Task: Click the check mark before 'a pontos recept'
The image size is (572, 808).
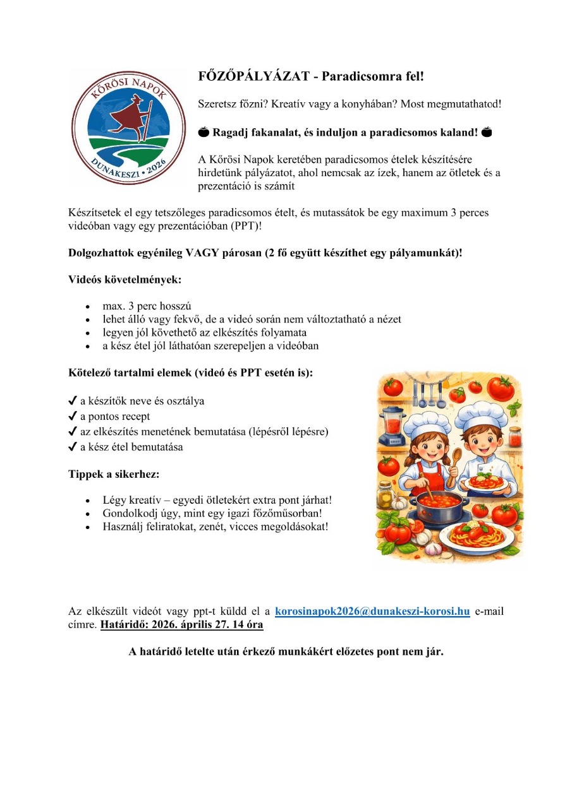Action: pos(73,417)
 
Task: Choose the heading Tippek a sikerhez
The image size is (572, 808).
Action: pos(111,473)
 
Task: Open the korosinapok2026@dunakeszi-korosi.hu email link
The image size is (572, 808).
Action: pos(372,611)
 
